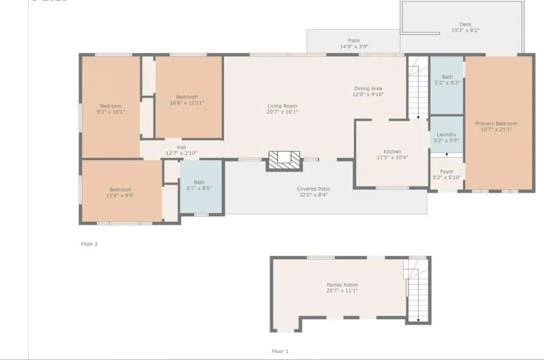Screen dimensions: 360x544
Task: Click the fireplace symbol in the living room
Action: point(283,159)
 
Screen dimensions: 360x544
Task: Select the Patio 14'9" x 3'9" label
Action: point(354,44)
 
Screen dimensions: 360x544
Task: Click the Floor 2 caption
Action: point(89,243)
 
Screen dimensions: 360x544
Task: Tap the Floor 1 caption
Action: point(280,351)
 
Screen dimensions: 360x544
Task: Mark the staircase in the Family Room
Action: point(416,291)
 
